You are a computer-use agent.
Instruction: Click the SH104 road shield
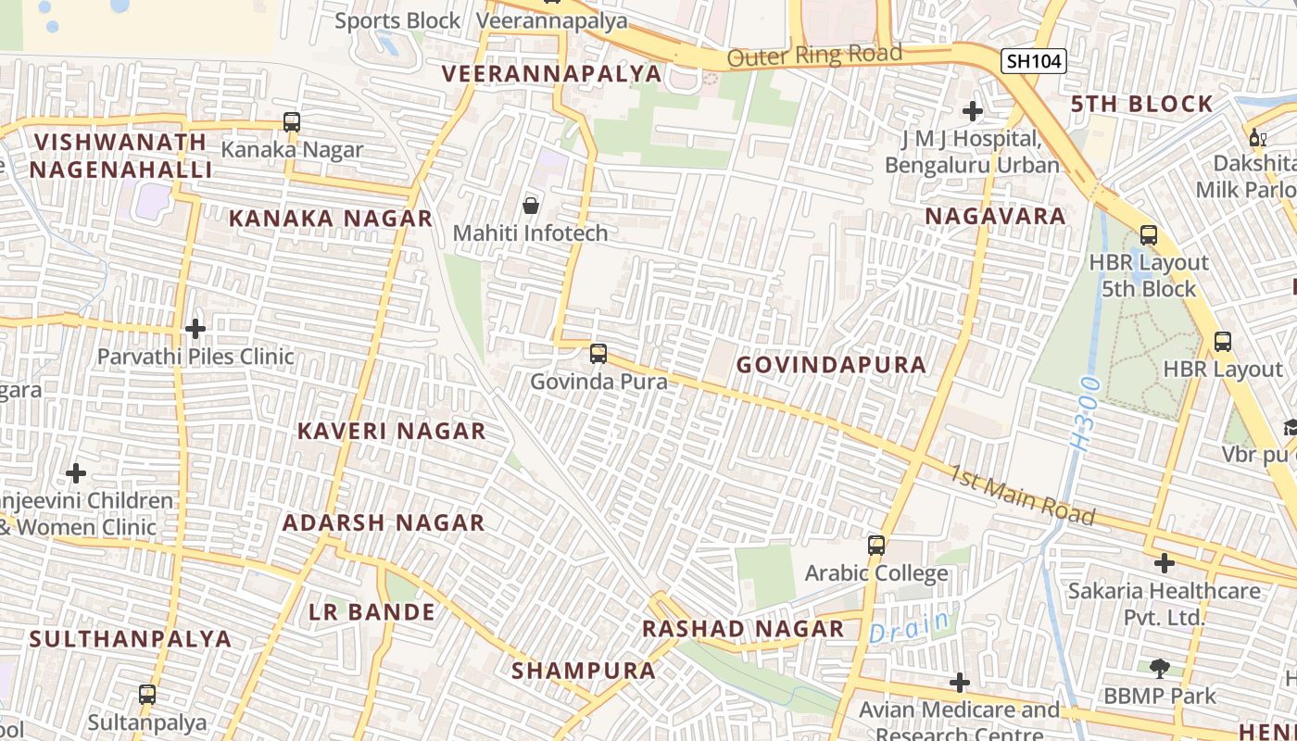tap(1034, 61)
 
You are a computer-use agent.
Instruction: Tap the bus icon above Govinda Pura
tap(598, 353)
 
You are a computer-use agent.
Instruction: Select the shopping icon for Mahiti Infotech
tap(531, 205)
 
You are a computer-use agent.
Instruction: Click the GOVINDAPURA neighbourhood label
tap(831, 365)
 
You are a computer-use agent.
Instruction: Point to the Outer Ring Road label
tap(814, 56)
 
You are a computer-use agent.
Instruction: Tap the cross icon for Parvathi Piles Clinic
tap(195, 329)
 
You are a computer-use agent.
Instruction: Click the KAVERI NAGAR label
tap(392, 431)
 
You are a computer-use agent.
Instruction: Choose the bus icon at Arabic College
tap(876, 546)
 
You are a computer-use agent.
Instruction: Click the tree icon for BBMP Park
tap(1159, 668)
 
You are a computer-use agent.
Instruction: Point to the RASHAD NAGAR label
tap(743, 629)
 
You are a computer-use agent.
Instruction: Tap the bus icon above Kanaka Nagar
tap(292, 121)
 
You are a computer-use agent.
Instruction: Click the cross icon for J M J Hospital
tap(972, 112)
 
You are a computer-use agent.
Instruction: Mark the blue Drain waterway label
tap(910, 627)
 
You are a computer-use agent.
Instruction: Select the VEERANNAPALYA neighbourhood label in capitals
tap(551, 74)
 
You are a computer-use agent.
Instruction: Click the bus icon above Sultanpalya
tap(146, 694)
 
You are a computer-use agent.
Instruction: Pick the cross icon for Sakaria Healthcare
tap(1165, 562)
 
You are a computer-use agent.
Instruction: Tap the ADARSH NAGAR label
tap(384, 522)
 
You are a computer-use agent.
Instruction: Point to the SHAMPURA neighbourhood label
tap(584, 670)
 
